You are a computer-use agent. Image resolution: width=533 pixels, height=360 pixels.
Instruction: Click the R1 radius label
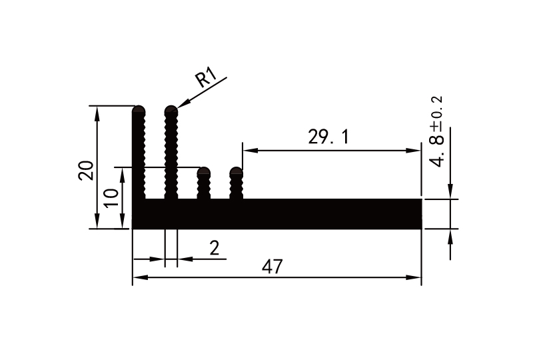(207, 79)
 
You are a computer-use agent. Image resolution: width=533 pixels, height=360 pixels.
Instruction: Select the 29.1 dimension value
(328, 137)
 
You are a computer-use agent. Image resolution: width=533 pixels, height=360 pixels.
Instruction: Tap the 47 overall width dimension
(272, 267)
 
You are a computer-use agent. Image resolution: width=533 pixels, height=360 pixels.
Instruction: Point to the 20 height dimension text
(86, 170)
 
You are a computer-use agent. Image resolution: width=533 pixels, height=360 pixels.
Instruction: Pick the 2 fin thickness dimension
(214, 249)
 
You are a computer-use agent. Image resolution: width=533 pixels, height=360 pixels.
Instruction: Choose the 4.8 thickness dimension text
(437, 151)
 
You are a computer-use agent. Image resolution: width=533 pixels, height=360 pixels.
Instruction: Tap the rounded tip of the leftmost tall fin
(139, 110)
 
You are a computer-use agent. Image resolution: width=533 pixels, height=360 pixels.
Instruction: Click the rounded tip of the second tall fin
(171, 110)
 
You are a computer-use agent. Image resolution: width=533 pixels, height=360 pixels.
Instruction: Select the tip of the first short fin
(204, 172)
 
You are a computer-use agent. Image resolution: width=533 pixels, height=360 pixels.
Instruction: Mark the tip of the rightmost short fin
(236, 172)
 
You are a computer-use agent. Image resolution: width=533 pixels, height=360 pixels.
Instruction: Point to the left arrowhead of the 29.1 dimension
(247, 150)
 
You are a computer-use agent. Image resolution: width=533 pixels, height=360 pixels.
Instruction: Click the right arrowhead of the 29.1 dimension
(417, 150)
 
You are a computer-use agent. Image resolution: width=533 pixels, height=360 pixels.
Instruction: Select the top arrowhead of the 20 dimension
(98, 111)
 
